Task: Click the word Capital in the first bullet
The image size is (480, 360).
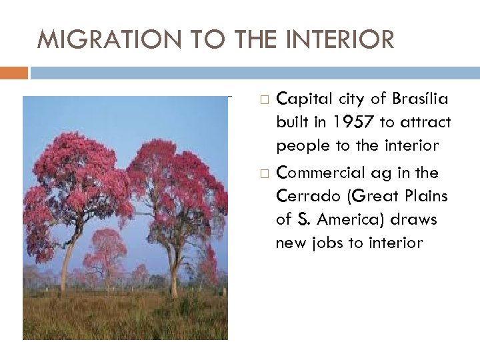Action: click(300, 99)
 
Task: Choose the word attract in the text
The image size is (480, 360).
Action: click(424, 123)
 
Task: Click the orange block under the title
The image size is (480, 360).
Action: click(14, 72)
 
